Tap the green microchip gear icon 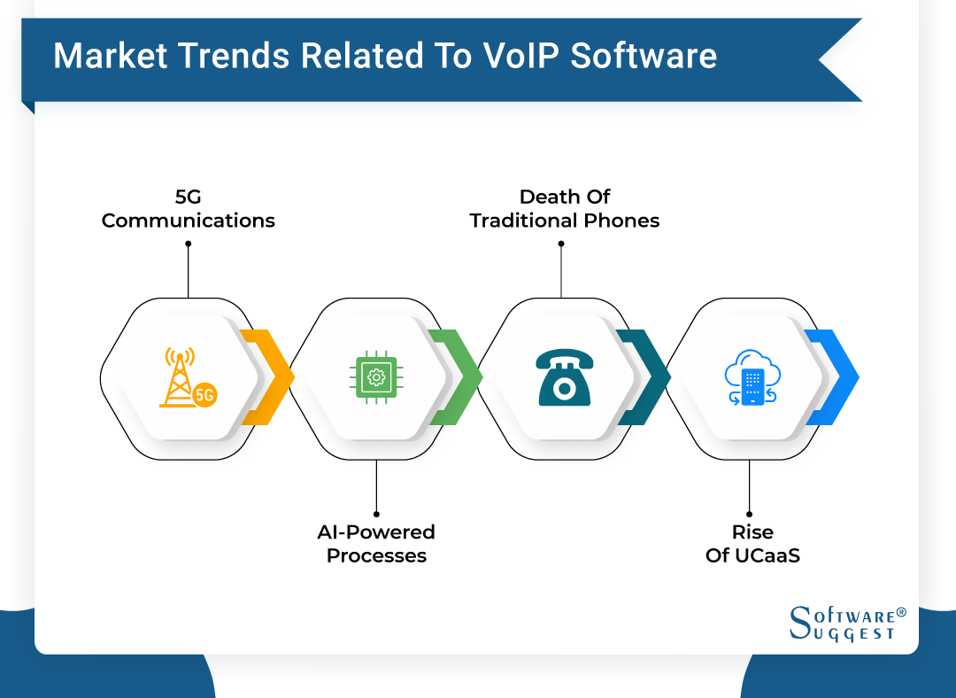point(376,378)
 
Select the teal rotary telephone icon point(564,378)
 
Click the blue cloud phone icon point(750,378)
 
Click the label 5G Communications point(188,208)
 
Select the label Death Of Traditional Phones point(565,208)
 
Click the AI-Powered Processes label point(376,543)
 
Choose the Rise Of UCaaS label point(752,543)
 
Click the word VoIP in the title point(522,56)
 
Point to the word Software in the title point(644,56)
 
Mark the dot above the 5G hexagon point(189,244)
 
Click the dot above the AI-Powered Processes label point(376,513)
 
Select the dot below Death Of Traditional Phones point(561,244)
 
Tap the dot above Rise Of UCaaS point(749,513)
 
